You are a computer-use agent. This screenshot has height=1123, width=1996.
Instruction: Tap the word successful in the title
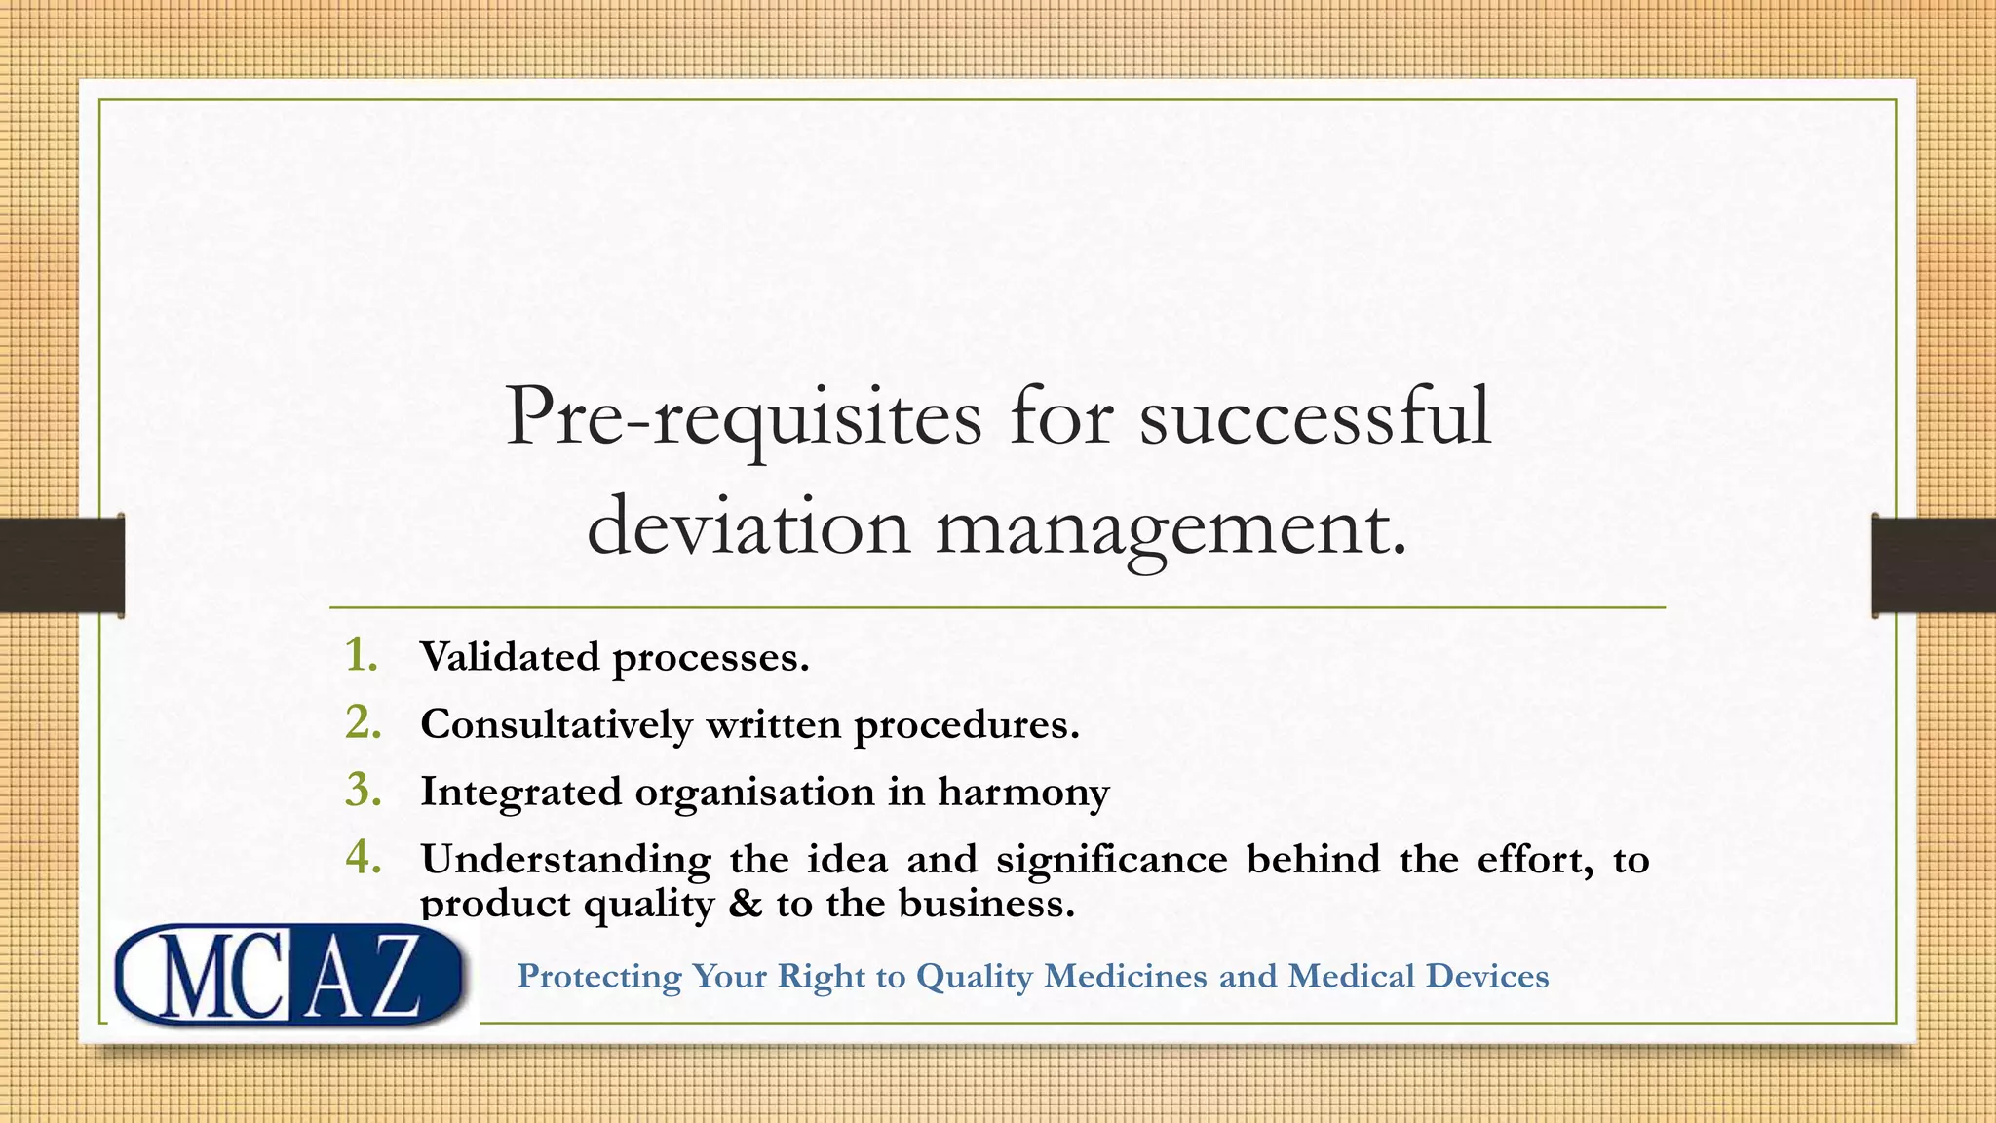point(1315,416)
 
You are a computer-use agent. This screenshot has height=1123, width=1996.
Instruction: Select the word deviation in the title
point(748,526)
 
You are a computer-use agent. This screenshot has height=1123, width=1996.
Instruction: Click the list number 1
point(362,655)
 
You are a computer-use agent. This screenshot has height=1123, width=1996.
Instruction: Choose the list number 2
point(363,722)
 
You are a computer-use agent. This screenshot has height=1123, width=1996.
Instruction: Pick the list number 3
point(363,790)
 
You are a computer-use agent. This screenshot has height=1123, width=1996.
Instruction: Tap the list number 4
point(363,858)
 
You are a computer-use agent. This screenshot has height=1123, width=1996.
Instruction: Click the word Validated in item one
point(510,657)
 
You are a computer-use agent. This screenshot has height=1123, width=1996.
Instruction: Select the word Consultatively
point(556,725)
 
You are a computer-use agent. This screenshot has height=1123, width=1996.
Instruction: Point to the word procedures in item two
point(966,725)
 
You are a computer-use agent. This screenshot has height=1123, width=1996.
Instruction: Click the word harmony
point(1023,792)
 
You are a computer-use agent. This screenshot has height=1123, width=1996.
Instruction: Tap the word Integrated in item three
point(520,792)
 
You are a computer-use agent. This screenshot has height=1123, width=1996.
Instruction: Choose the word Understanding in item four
point(565,860)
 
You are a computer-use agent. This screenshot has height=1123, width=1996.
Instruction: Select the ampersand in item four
point(746,904)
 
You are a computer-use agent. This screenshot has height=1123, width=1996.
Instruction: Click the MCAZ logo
point(288,975)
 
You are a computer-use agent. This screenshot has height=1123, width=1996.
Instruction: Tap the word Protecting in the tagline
point(598,976)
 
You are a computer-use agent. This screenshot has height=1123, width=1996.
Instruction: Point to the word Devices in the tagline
point(1486,976)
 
